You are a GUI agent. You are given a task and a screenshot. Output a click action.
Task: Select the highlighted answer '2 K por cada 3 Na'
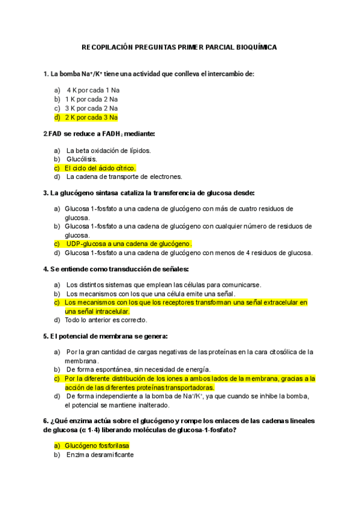coord(91,118)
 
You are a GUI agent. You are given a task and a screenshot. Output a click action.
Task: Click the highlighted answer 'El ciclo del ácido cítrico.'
coord(100,168)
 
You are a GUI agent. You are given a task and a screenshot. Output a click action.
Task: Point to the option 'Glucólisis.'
coord(81,159)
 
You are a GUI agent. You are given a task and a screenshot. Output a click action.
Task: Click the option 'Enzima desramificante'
coord(100,455)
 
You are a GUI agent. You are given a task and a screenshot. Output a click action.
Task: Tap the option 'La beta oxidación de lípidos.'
coord(109,150)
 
